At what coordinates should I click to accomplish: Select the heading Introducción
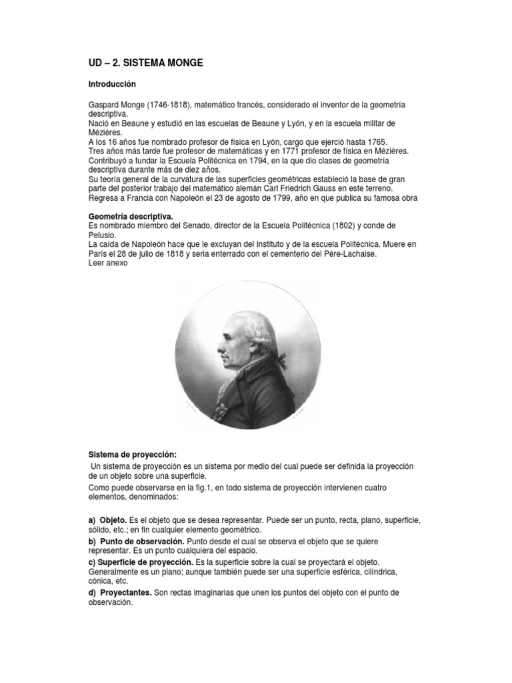112,85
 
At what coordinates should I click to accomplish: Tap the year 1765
375,142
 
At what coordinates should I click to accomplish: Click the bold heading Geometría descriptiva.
131,216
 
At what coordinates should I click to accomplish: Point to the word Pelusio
104,235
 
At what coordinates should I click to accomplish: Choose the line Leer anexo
107,263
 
